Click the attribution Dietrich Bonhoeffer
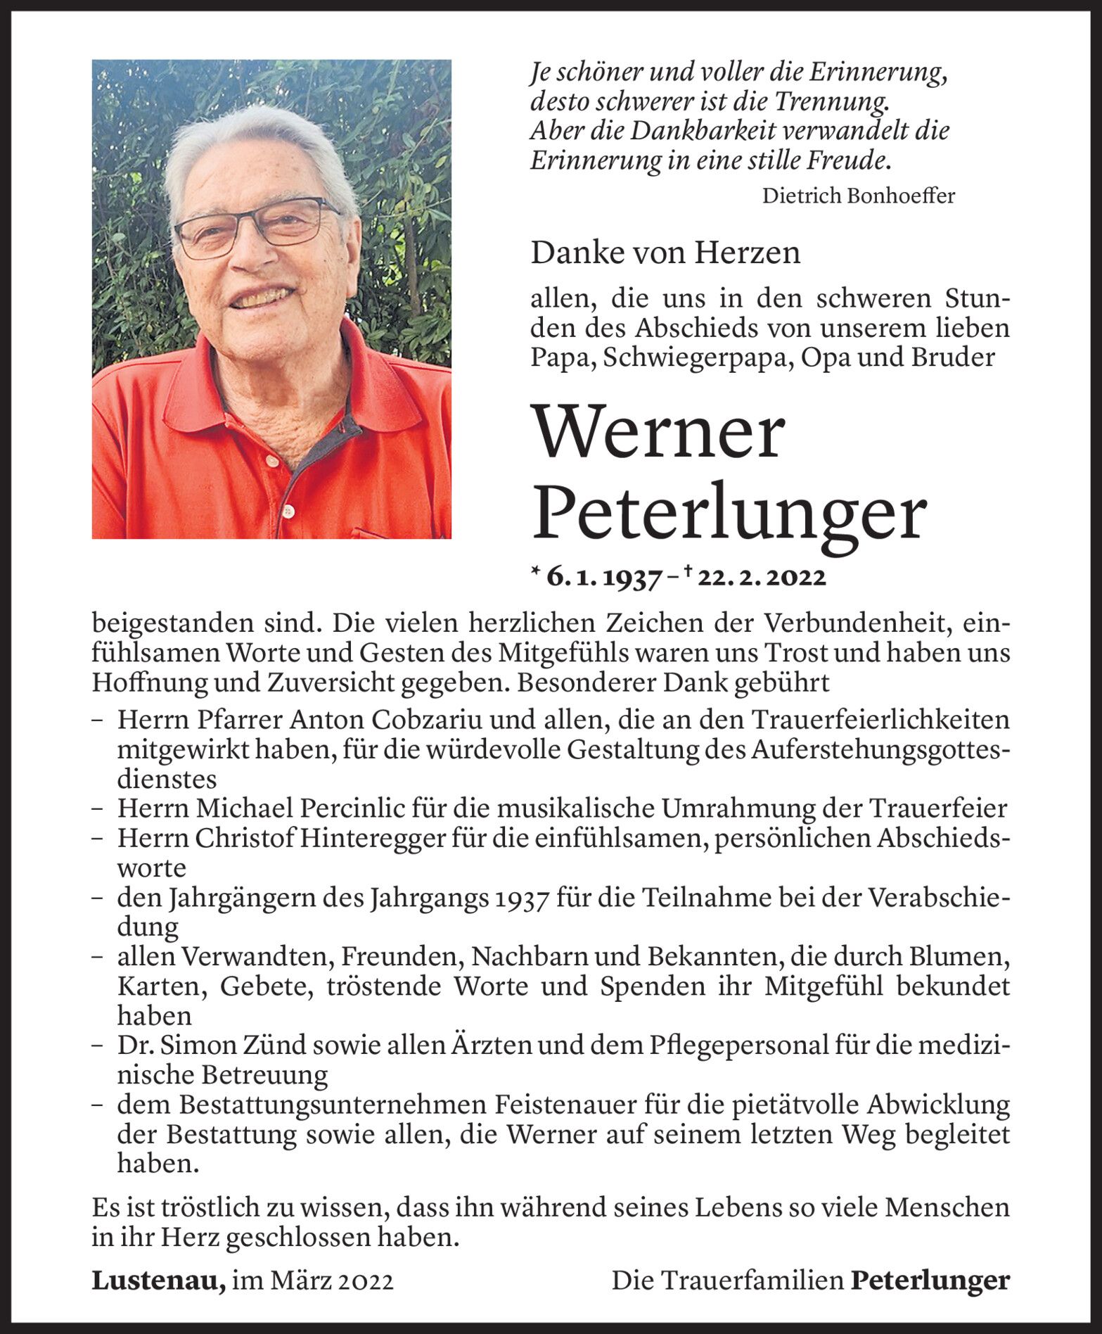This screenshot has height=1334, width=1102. coord(858,196)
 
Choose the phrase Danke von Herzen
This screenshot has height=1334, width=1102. coord(665,253)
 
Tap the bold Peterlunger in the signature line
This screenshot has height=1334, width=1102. coord(930,1281)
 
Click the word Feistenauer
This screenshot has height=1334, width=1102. coord(553,1105)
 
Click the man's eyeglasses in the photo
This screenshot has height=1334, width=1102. coord(257,227)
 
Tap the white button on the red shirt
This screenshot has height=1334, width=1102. coord(287,509)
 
